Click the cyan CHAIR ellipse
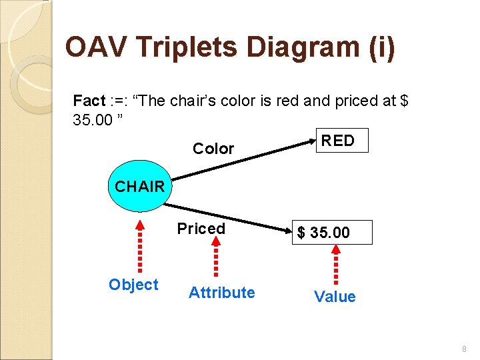click(x=139, y=186)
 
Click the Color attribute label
click(x=213, y=149)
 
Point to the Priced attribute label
click(x=201, y=229)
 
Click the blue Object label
click(x=133, y=285)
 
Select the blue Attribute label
click(x=221, y=293)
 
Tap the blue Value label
click(x=335, y=297)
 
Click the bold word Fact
click(x=89, y=101)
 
